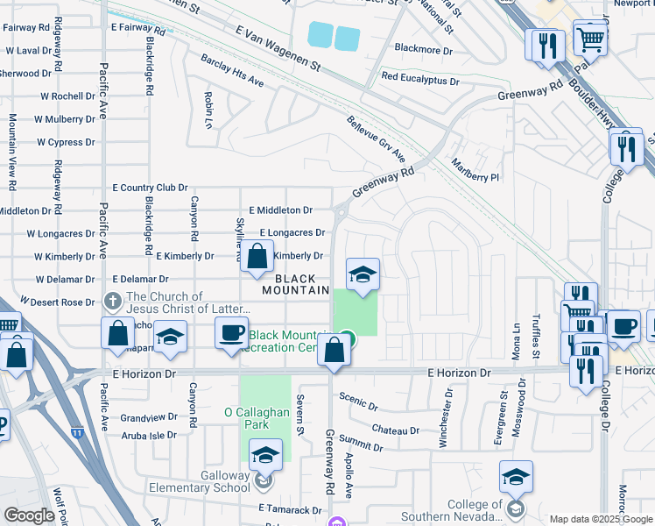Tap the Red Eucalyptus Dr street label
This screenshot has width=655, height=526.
point(420,80)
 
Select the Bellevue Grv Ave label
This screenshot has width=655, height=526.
point(376,139)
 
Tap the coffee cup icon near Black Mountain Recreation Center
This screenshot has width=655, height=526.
point(232,334)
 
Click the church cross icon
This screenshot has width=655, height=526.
point(112,301)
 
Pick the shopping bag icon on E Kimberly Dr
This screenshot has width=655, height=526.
point(257,258)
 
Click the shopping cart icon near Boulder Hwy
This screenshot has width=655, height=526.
point(591,37)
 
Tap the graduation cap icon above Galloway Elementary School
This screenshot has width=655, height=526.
point(265,455)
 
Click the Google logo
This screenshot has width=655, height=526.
point(30,515)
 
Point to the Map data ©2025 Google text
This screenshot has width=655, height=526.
point(600,519)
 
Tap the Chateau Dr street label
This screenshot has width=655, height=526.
point(396,430)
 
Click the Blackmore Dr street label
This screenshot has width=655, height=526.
point(424,50)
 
